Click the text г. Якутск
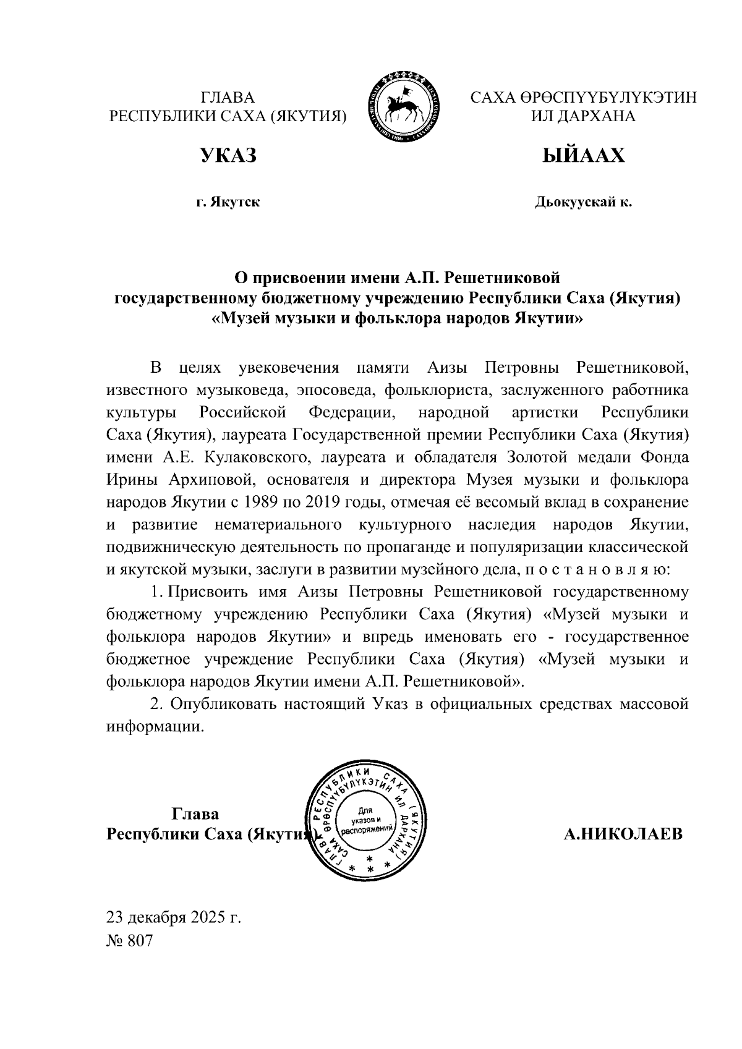click(x=228, y=203)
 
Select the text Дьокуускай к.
click(x=583, y=203)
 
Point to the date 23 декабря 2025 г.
click(x=173, y=917)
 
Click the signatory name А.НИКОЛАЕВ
click(x=623, y=835)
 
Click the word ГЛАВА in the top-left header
click(x=228, y=98)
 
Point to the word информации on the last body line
click(x=155, y=726)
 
